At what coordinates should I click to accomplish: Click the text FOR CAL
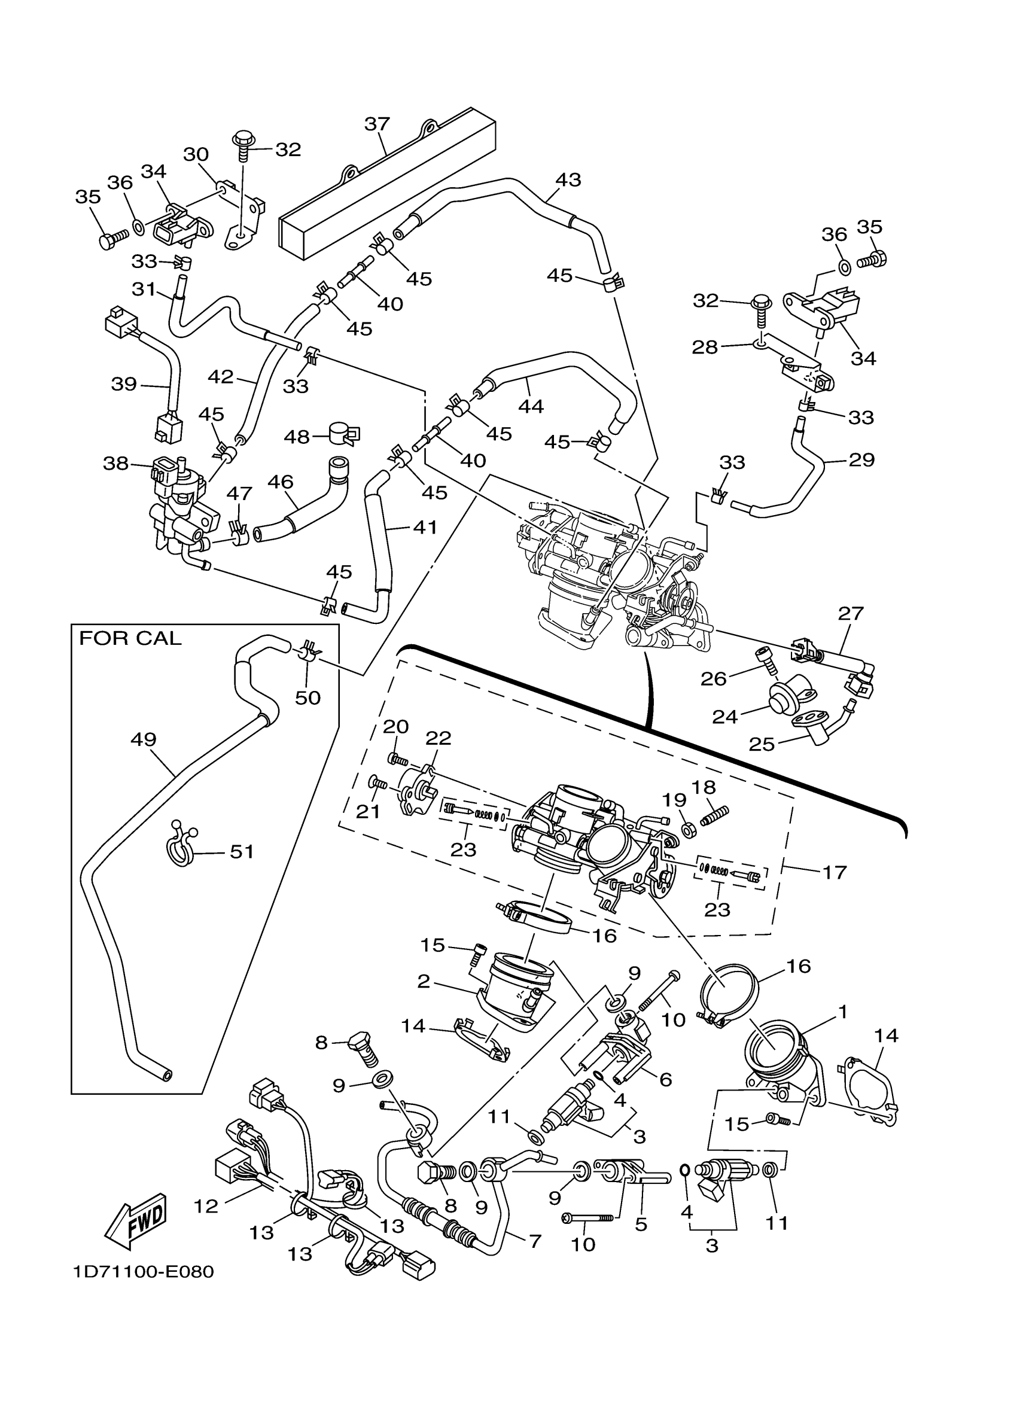pos(130,638)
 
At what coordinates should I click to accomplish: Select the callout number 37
pos(377,124)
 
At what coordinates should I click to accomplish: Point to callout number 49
pos(144,739)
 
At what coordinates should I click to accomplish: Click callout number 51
pos(242,852)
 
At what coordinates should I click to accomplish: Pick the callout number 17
pos(835,872)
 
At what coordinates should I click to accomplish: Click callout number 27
pos(851,614)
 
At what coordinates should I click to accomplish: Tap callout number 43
pos(568,179)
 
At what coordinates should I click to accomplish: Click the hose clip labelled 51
pos(180,845)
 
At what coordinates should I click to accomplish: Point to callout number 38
pos(115,463)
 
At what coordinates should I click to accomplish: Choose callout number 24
pos(725,717)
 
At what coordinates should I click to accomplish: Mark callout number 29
pos(861,460)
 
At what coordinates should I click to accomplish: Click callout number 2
pos(424,982)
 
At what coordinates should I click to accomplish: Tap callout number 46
pos(281,482)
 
